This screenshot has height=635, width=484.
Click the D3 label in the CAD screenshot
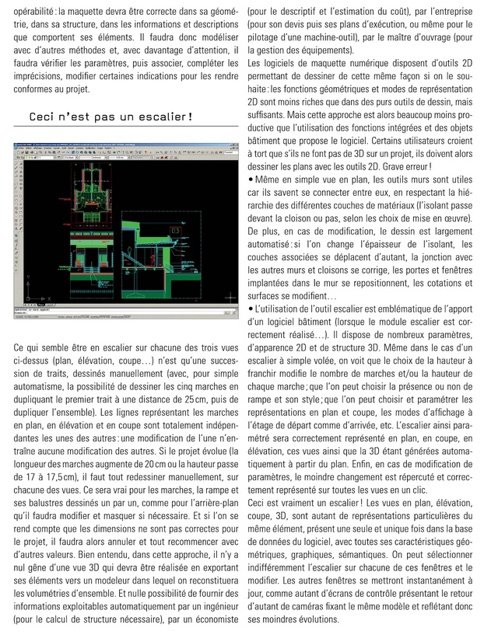point(175,232)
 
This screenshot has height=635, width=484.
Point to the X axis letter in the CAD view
point(49,297)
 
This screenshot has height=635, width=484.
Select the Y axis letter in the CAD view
point(28,277)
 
